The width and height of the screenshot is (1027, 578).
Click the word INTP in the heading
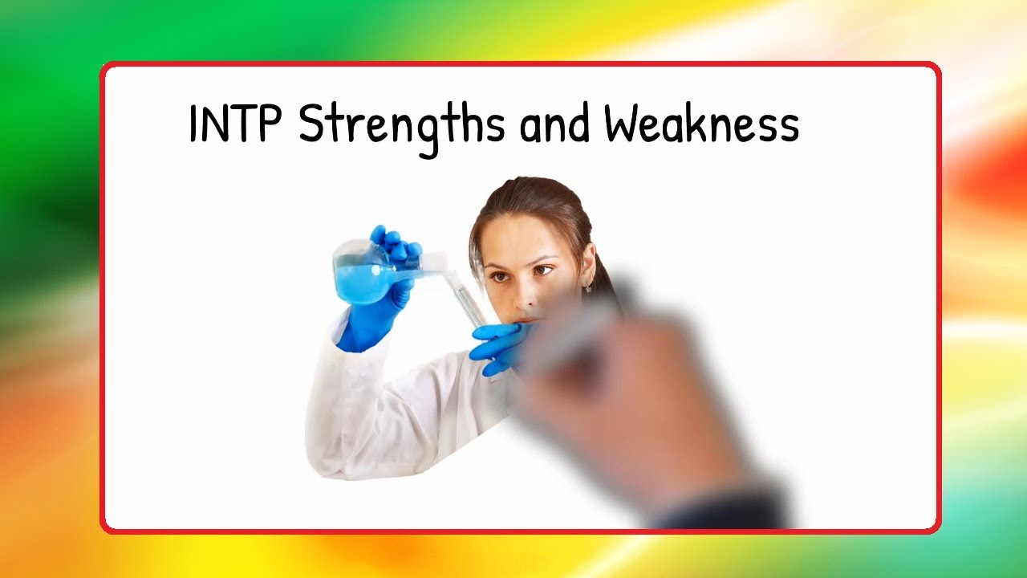click(x=237, y=124)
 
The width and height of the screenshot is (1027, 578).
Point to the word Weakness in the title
click(x=701, y=125)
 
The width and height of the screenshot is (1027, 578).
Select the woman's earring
click(x=588, y=287)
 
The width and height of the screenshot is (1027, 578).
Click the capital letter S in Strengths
click(x=313, y=125)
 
